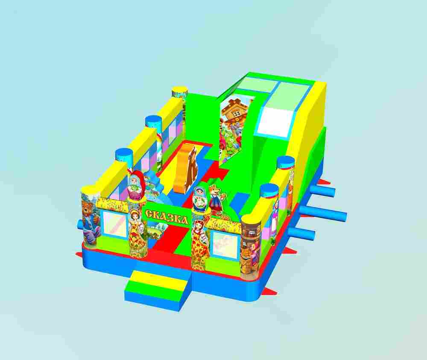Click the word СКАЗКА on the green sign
[167, 216]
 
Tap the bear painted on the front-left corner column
[90, 218]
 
